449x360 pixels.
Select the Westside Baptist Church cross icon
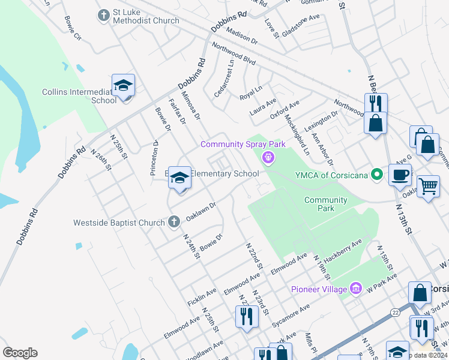click(173, 222)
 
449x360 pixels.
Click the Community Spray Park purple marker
click(268, 158)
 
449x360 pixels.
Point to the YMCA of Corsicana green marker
click(377, 175)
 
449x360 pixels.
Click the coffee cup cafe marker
click(400, 175)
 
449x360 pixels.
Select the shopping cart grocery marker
click(427, 187)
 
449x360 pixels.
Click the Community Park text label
click(325, 204)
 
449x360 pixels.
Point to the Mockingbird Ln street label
click(298, 131)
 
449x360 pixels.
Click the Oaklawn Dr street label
click(200, 211)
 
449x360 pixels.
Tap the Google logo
click(20, 353)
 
